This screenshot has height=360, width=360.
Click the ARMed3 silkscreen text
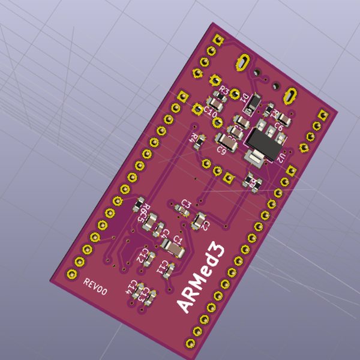click(x=202, y=277)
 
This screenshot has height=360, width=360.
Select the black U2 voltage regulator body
click(x=262, y=141)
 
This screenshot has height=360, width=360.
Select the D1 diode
click(x=253, y=104)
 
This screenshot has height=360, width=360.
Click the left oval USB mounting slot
click(x=244, y=62)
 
